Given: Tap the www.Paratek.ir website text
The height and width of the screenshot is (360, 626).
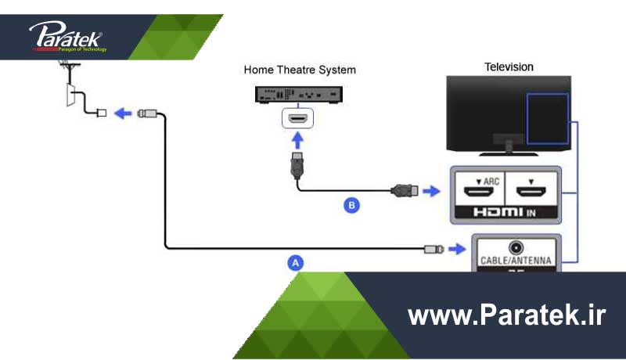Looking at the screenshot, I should coord(507,316).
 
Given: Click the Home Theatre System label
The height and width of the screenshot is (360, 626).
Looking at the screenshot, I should coord(300,70).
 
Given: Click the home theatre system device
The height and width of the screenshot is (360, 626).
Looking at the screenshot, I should coord(299,94).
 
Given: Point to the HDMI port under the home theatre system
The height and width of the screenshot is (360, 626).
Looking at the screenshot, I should coord(297,117).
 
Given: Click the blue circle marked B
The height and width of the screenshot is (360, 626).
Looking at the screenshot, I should coord(352,206).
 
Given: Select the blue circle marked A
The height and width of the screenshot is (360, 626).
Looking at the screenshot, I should coord(295,263).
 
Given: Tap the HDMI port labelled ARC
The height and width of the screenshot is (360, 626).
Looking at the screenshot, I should coord(476,190).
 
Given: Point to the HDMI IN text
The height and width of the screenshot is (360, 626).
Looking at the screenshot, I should coord(505,211).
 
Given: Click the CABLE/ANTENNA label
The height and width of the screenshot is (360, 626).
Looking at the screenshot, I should coord(515,261).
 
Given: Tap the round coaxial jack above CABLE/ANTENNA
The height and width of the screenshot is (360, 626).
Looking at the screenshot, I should coord(515,247).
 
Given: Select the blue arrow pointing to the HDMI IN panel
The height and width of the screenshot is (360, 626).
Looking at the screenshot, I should coord(433,190).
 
